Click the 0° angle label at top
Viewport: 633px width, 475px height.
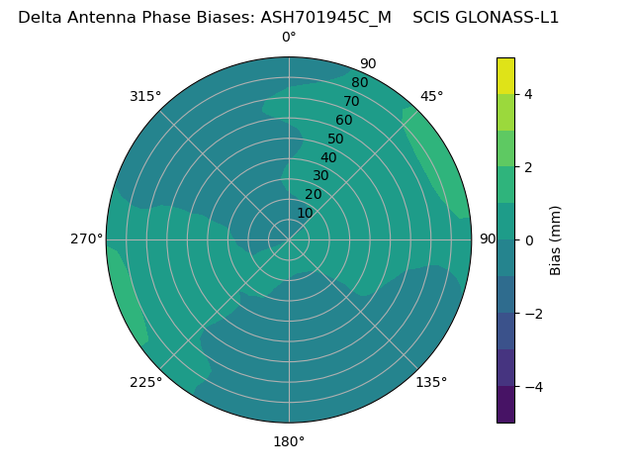289,38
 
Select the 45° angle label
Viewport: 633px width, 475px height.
431,96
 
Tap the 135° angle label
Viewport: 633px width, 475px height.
431,382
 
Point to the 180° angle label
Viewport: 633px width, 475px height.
289,441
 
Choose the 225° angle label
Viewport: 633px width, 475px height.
145,382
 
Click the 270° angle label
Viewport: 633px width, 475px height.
86,238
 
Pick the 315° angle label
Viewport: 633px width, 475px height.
145,96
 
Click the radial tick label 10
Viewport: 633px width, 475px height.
305,213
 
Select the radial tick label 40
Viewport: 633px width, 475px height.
328,157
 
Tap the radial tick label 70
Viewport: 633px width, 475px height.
351,101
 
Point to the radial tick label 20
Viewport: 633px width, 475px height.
313,194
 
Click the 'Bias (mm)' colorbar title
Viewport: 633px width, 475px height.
556,240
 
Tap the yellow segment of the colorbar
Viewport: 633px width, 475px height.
505,75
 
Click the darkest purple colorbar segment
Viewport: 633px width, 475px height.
505,405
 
